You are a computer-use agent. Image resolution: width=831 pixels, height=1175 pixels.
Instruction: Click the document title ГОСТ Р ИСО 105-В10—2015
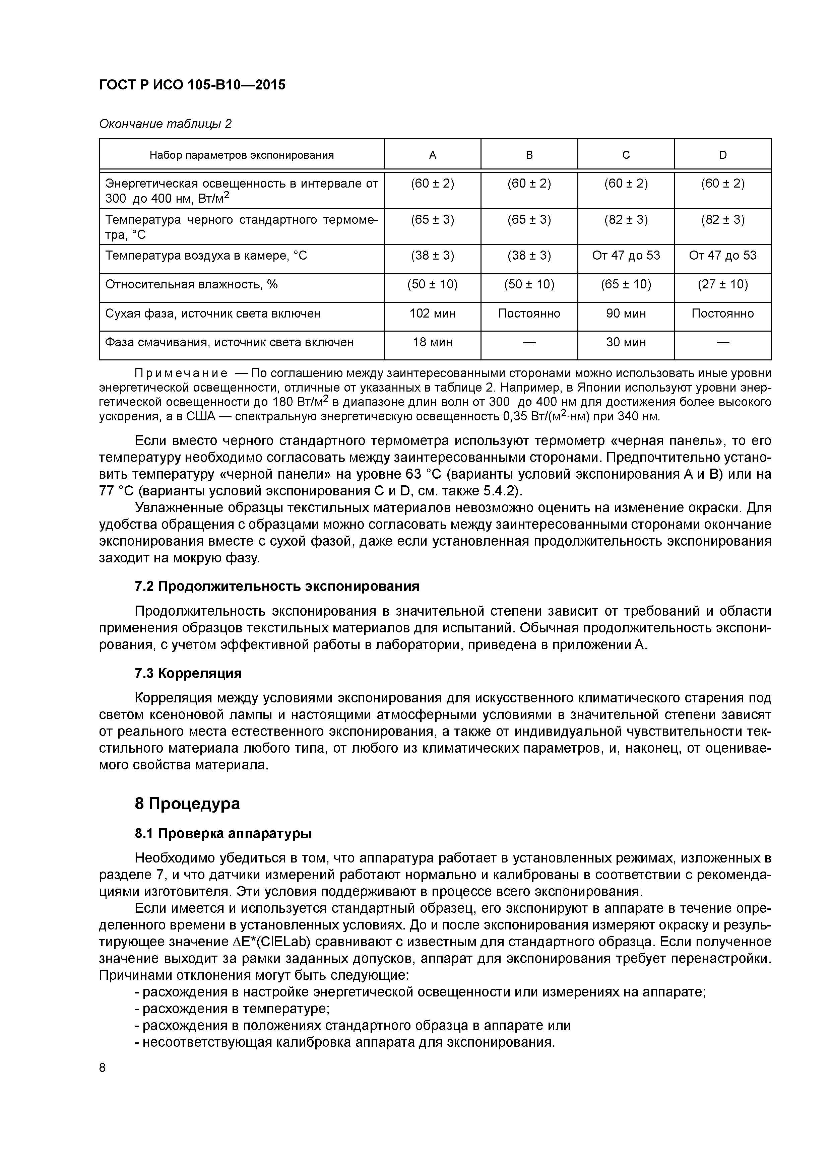click(192, 85)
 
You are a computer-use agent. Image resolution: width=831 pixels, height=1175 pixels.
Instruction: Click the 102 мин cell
click(432, 313)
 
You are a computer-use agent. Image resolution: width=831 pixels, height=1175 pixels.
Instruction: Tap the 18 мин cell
click(432, 342)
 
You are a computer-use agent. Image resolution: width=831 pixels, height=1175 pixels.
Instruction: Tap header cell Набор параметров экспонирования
click(241, 154)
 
